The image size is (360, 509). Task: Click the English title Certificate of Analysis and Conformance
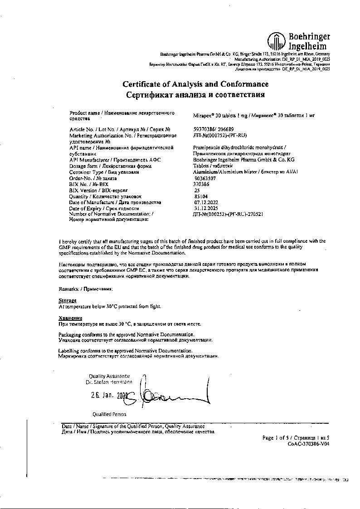pyautogui.click(x=195, y=84)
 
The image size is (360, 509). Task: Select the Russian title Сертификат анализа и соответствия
pyautogui.click(x=195, y=95)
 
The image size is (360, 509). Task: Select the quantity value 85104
pyautogui.click(x=200, y=196)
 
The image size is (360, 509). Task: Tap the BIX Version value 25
pyautogui.click(x=197, y=191)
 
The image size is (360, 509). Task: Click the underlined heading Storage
pyautogui.click(x=68, y=300)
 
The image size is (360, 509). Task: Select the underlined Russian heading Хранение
pyautogui.click(x=70, y=318)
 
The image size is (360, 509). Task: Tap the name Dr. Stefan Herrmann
pyautogui.click(x=109, y=382)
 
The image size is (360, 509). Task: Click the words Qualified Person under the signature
pyautogui.click(x=109, y=414)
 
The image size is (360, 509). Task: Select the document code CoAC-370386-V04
pyautogui.click(x=308, y=444)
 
